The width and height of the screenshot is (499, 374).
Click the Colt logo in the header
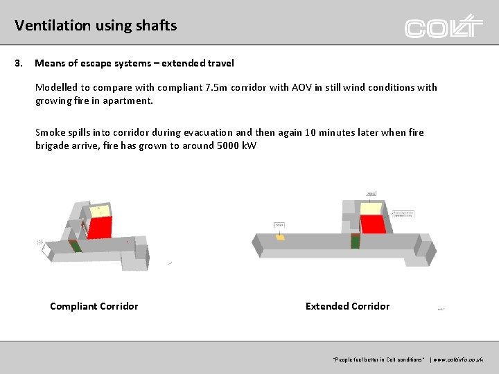(x=444, y=26)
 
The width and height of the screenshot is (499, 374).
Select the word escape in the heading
(x=100, y=63)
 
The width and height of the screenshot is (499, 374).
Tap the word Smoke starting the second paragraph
(x=51, y=132)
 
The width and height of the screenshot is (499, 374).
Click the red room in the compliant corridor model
(x=99, y=227)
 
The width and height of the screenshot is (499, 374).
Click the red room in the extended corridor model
(x=373, y=224)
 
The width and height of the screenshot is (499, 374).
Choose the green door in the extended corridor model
(x=356, y=242)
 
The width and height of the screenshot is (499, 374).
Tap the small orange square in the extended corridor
(x=280, y=237)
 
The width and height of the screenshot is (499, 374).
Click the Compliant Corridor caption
(x=94, y=306)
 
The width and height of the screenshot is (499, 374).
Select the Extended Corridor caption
(x=347, y=306)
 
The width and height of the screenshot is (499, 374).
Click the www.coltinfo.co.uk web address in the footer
(x=458, y=359)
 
